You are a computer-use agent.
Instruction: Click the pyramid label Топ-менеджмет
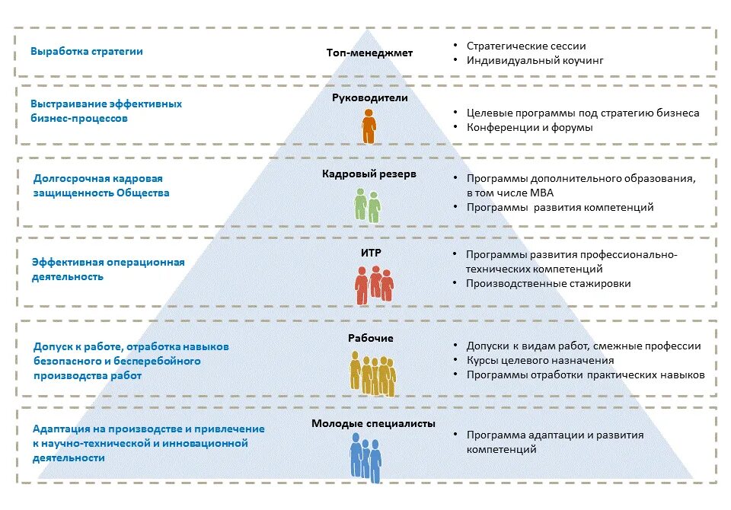[x=369, y=53]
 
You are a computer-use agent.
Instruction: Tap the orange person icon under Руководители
[x=369, y=126]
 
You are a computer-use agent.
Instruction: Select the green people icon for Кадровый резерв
[x=367, y=206]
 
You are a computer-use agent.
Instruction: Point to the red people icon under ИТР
[x=374, y=285]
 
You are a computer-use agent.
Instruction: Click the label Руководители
[x=370, y=98]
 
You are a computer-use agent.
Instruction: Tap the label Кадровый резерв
[x=369, y=174]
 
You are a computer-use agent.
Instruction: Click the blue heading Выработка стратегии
[x=87, y=52]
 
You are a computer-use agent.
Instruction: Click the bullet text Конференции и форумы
[x=530, y=127]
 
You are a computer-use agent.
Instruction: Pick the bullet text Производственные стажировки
[x=548, y=283]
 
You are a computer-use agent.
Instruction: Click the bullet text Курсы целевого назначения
[x=541, y=360]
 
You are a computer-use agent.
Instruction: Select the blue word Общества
[x=142, y=193]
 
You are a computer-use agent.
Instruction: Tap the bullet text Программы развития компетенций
[x=560, y=207]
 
